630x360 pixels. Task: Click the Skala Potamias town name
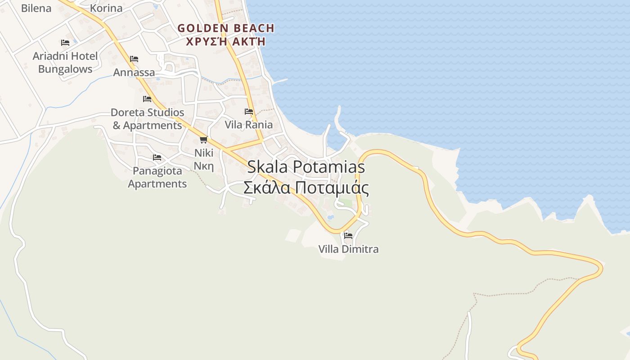click(x=306, y=167)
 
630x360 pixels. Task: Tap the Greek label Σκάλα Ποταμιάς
click(x=306, y=188)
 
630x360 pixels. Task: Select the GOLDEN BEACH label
click(x=225, y=28)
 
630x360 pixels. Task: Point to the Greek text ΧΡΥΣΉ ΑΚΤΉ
click(x=225, y=41)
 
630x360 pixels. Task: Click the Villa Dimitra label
click(x=348, y=249)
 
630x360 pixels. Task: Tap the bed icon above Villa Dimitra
click(x=348, y=235)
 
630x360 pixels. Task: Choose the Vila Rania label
click(x=248, y=125)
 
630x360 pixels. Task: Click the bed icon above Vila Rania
click(x=248, y=111)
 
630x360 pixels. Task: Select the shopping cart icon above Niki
click(x=203, y=139)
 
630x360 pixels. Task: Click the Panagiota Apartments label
click(x=157, y=177)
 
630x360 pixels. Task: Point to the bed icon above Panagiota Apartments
click(x=157, y=157)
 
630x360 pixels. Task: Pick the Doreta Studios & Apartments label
click(x=147, y=119)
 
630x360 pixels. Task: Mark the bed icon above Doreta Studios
click(x=147, y=99)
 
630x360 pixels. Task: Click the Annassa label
click(x=134, y=72)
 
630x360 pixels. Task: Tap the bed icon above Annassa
click(x=134, y=58)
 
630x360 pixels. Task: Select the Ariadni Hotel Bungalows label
click(x=65, y=63)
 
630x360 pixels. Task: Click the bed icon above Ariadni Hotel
click(x=65, y=42)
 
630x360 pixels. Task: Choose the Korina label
click(x=106, y=8)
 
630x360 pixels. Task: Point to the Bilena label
click(x=36, y=8)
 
